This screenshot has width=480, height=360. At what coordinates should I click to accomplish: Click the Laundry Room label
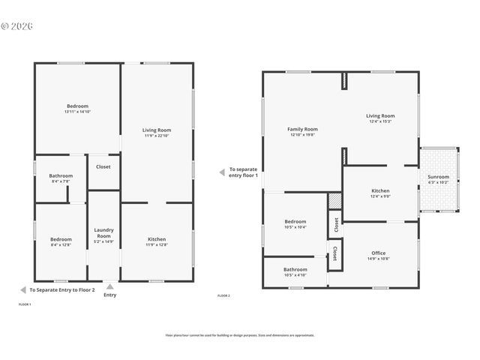point(103,232)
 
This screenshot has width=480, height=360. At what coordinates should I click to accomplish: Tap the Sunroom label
point(438,177)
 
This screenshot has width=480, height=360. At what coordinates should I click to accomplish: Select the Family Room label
point(302,129)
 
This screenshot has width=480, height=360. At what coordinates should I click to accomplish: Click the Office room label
point(378,253)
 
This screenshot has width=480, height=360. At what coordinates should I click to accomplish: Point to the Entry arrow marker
point(110,286)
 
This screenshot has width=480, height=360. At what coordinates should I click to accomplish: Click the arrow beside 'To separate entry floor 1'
point(221,172)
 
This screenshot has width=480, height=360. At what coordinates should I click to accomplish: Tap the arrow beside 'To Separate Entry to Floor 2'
point(22,289)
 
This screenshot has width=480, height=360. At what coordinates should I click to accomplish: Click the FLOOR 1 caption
point(25,304)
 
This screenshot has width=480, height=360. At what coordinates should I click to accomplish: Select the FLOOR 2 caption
point(223,296)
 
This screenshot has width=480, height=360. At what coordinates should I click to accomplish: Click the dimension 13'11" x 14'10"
point(77,112)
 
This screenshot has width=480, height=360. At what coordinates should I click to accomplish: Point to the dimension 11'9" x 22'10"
point(157,136)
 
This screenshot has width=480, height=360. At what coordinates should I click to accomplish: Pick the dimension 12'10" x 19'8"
point(302,135)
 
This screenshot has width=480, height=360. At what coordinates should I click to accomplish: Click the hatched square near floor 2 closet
point(334,201)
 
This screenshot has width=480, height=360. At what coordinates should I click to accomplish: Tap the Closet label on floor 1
point(103,166)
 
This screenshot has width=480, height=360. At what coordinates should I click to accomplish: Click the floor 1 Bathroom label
point(61,175)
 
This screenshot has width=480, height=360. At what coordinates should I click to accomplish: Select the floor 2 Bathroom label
point(295,269)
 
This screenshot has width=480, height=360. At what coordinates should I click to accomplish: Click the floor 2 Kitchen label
point(380,190)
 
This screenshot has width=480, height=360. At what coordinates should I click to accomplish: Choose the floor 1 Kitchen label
point(157,238)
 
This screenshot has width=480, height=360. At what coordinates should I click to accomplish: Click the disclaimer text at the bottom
point(240,335)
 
